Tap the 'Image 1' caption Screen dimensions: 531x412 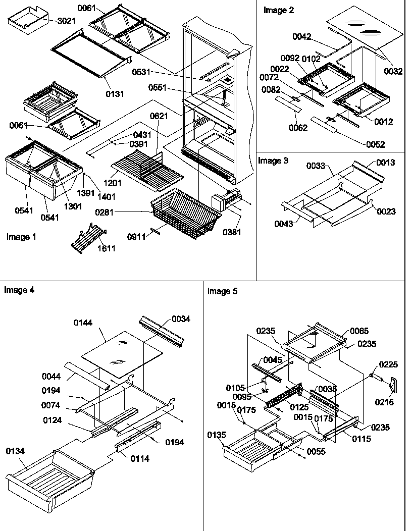tap(21, 237)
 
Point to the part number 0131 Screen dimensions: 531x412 tap(115, 94)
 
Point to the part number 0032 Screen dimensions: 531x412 tap(393, 72)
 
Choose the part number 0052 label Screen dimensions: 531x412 tap(375, 144)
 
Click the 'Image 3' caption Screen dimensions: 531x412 tap(273, 161)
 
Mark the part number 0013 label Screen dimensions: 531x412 tap(385, 163)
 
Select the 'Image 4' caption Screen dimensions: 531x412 tap(19, 290)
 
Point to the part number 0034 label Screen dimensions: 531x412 tap(181, 318)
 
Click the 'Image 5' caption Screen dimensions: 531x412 tap(222, 291)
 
